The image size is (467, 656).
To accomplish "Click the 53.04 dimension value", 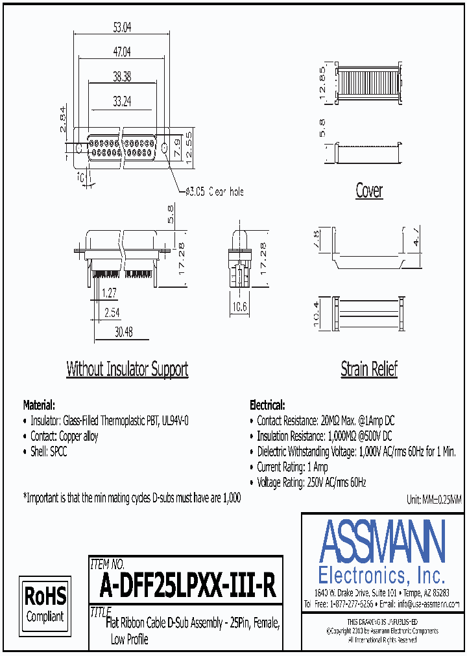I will coord(122,27).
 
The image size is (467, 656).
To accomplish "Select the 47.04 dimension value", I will coord(122,51).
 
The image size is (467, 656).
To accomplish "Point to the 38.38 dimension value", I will coord(122,76).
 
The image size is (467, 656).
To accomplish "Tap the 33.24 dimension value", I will coord(122,100).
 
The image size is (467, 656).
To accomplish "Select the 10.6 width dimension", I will coord(241,307).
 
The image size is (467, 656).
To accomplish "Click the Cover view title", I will coord(369,191).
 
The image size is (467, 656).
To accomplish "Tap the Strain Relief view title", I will coord(369,369).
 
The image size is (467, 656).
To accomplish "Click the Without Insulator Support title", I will coord(127,369).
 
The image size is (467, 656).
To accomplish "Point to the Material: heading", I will coord(39,404).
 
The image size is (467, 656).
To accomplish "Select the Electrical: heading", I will coord(267,404).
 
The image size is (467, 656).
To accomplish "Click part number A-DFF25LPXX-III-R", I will coord(188,587).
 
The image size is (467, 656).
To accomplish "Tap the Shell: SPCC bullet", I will coord(49,452).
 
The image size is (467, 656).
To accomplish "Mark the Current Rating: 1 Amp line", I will coord(292,467).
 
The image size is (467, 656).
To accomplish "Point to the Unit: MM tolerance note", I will coord(433,500).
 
